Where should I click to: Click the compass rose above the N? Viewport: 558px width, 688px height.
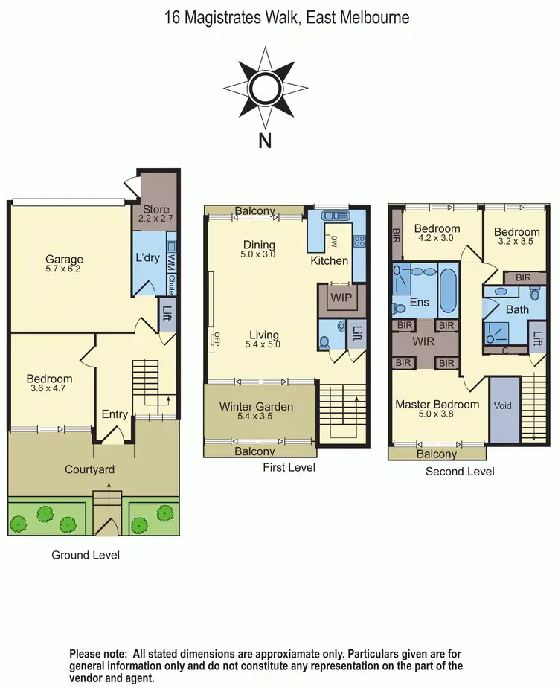pos(265,89)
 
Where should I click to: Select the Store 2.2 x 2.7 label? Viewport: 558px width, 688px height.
pos(156,214)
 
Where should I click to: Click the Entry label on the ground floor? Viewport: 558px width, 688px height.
pos(115,414)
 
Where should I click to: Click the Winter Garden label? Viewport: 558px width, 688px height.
pos(256,407)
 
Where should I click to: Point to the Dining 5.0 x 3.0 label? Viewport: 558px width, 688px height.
pos(258,249)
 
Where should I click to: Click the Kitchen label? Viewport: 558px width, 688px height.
pos(329,260)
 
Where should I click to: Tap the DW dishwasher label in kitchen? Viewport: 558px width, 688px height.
pos(334,242)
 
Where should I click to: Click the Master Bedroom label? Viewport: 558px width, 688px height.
pos(437,405)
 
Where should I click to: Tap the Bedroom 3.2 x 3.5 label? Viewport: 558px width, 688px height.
pos(516,237)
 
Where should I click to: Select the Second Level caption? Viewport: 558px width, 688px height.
pos(459,472)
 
